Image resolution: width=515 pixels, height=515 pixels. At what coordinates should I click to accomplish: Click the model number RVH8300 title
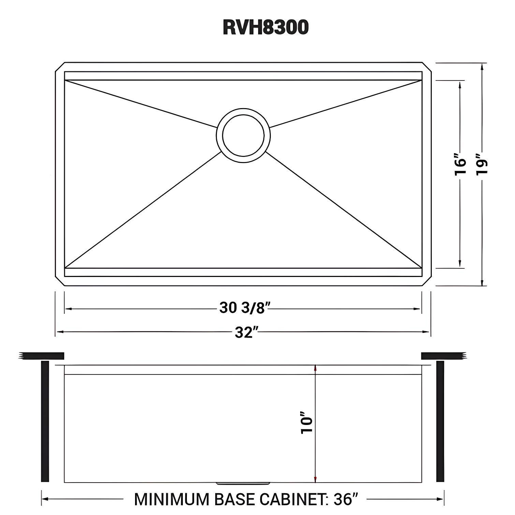266,27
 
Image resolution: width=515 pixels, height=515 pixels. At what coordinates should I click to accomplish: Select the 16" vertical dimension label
460,167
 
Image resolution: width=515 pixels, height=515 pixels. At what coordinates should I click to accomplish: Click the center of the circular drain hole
243,135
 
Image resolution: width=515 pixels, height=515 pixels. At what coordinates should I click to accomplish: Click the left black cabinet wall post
45,421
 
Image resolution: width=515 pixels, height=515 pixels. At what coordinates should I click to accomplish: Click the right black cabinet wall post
440,421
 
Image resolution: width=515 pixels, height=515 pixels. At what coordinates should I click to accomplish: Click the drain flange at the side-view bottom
244,483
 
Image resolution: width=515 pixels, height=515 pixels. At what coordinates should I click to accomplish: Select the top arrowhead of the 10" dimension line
315,368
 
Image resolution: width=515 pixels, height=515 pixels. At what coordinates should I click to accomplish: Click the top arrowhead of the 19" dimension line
482,67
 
